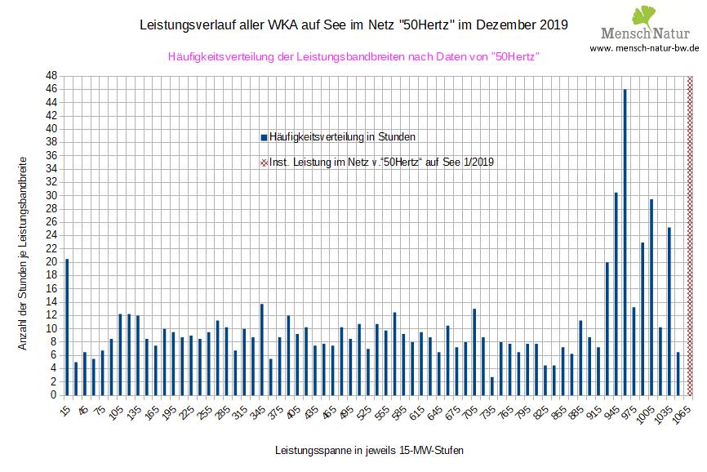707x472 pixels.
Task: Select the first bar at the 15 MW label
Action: click(x=67, y=327)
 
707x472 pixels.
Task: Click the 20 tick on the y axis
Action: click(x=51, y=262)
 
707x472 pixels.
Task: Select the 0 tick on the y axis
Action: click(x=53, y=395)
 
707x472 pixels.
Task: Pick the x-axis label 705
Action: click(x=472, y=412)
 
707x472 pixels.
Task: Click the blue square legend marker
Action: click(x=263, y=136)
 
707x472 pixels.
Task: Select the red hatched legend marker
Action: click(x=263, y=163)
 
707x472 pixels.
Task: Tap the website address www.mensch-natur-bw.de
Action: click(x=645, y=49)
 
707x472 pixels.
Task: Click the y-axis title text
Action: click(x=23, y=253)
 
